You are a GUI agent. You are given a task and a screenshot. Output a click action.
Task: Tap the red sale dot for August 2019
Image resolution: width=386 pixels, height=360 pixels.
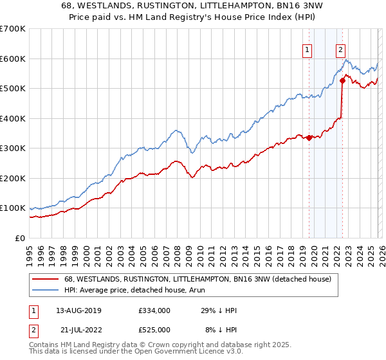click(309, 138)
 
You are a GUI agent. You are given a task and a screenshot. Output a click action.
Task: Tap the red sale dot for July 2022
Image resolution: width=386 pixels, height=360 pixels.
click(342, 80)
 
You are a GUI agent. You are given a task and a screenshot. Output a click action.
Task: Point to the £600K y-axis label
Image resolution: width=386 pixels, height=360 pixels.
click(13, 59)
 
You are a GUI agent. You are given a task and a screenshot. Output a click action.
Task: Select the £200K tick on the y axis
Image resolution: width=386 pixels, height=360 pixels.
click(13, 178)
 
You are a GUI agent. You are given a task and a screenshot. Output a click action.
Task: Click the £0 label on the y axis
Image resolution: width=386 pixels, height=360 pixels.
click(19, 238)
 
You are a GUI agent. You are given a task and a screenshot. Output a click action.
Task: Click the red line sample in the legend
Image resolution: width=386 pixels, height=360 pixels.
click(46, 280)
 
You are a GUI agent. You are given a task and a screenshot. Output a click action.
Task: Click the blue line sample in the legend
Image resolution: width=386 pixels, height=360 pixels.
click(46, 291)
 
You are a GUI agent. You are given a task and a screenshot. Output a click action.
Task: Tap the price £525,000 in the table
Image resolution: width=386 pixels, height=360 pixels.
click(154, 329)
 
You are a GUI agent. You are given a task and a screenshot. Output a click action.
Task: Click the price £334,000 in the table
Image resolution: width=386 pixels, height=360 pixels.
click(154, 310)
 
